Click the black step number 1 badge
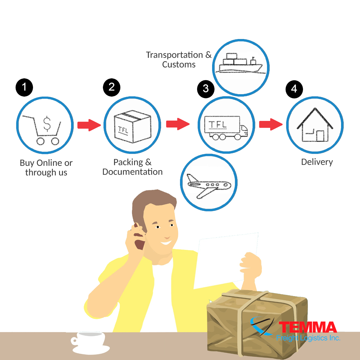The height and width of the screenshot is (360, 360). pos(24,87)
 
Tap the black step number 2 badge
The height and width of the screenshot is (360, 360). pos(112,87)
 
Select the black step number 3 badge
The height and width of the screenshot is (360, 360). pos(206,89)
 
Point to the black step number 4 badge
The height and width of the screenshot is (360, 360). pos(294,89)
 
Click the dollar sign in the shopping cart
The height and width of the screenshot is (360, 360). pos(47,124)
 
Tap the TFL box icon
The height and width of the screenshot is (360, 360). pos(133,127)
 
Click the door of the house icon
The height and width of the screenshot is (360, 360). pos(320,136)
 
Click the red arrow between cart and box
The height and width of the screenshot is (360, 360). pos(89,125)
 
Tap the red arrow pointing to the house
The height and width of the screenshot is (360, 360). pos(271,124)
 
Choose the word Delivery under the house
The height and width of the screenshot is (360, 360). pos(317,162)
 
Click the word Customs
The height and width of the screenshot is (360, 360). pos(179,64)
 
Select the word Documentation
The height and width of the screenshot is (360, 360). pos(133,172)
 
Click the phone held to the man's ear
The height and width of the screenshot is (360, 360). pos(139,236)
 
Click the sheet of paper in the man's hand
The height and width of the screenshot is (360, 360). pos(226,261)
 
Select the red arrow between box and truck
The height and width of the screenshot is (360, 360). pos(178,124)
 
